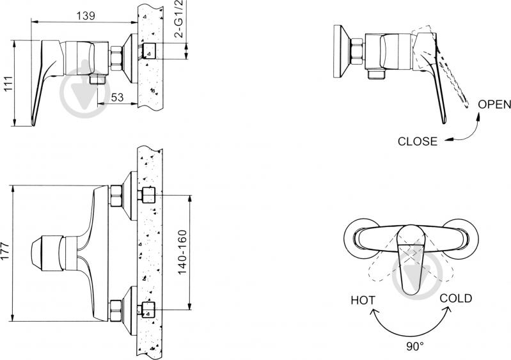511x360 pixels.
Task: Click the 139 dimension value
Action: [x=86, y=15]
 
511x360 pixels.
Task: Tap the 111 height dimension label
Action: [x=8, y=84]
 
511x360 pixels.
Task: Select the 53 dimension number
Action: [x=117, y=97]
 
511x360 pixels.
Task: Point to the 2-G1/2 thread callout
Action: [x=180, y=19]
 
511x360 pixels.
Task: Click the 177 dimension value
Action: [x=6, y=251]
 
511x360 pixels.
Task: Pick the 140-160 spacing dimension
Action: [x=182, y=252]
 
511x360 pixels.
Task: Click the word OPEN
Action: [x=494, y=104]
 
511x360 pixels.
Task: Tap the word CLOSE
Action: [x=418, y=141]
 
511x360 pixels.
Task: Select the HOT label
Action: [x=363, y=300]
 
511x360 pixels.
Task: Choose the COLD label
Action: [x=455, y=299]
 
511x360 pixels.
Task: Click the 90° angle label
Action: [x=415, y=347]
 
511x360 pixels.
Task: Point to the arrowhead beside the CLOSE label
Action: [x=449, y=139]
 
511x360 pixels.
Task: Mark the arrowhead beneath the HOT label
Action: [x=373, y=313]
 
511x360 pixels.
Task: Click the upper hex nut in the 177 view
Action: [x=116, y=196]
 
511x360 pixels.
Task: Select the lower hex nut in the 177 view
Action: [x=116, y=311]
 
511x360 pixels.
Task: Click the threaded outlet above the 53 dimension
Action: [x=98, y=79]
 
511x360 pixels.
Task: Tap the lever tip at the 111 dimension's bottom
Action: [x=33, y=124]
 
